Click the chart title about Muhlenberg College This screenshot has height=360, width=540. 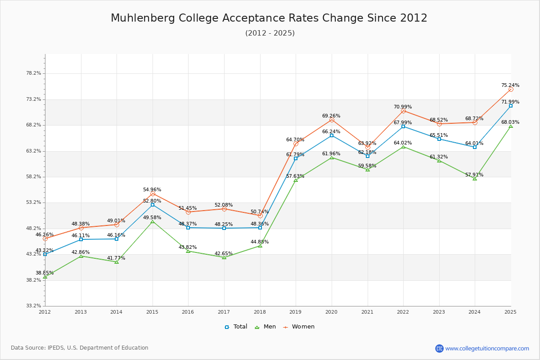coord(269,18)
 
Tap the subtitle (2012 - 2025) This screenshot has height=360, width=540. coord(270,33)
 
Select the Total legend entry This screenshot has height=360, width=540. coord(236,327)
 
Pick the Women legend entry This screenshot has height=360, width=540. coord(299,327)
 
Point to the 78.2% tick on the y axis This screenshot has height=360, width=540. coord(34,73)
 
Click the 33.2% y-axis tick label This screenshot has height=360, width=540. coord(34,306)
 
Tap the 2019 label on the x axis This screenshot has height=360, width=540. coord(296,311)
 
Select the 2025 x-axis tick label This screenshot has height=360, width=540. coord(510,311)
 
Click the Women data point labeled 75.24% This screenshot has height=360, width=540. coord(511,89)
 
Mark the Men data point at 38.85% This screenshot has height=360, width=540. coord(45,277)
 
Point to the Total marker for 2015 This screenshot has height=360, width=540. coord(153,205)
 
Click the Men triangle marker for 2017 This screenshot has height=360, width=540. coord(224,257)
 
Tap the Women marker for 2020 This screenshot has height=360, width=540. coord(332,120)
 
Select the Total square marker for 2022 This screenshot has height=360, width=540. coord(403,126)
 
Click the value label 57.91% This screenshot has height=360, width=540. coord(474,175)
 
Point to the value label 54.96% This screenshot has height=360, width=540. coord(152,190)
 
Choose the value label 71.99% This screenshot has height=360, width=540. coord(510,102)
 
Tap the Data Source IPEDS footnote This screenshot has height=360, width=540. coord(80,348)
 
